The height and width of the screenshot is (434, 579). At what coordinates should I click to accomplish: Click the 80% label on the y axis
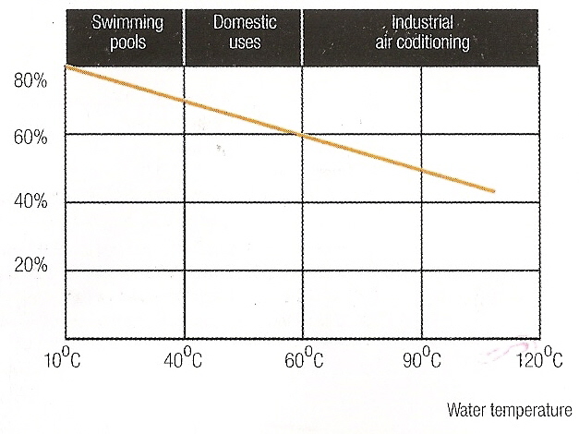point(30,81)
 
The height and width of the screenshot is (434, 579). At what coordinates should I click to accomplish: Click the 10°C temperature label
point(63,359)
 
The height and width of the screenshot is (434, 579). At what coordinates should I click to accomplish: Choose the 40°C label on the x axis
point(182,359)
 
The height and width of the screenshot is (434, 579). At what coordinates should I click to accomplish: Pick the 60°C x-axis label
point(302,359)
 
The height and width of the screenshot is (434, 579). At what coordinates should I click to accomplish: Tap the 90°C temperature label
point(422,359)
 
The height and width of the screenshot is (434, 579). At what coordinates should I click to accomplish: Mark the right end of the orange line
point(496,191)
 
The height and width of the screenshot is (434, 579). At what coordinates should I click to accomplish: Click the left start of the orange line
point(66,66)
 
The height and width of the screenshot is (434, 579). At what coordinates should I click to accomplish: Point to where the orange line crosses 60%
point(297,134)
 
